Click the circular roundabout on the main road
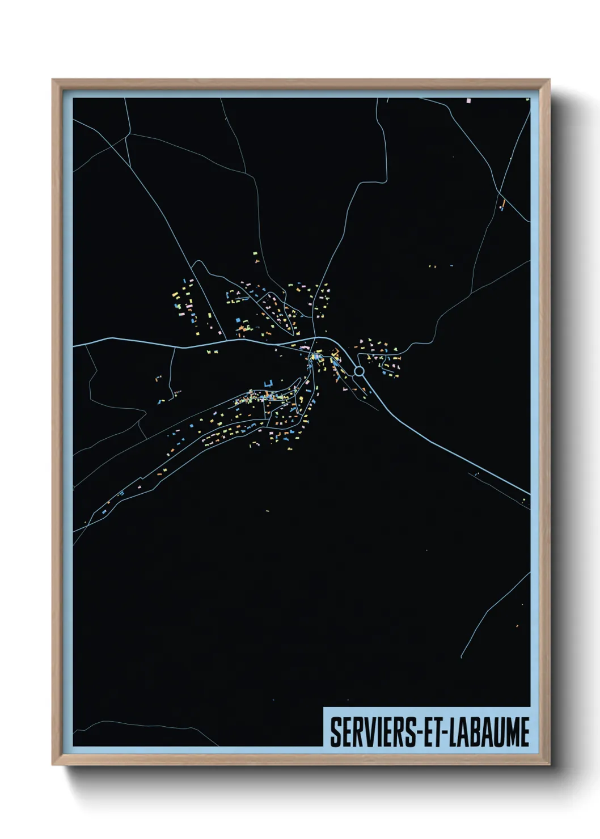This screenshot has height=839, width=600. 358,371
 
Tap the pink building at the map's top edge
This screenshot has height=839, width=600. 468,101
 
